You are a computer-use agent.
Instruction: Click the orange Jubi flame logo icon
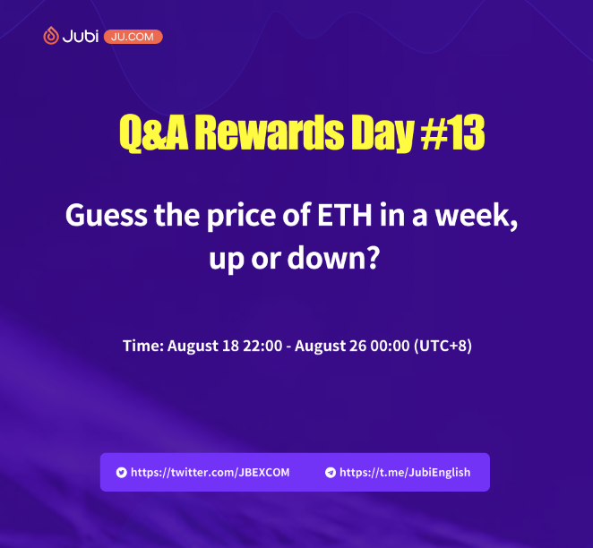pyautogui.click(x=51, y=37)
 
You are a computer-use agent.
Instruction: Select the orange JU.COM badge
pyautogui.click(x=133, y=37)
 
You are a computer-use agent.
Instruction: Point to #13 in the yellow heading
pyautogui.click(x=451, y=134)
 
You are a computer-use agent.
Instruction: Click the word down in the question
pyautogui.click(x=333, y=260)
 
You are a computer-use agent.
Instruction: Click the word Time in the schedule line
pyautogui.click(x=142, y=346)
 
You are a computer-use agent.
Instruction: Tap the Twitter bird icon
pyautogui.click(x=121, y=472)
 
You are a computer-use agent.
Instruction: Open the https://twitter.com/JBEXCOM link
pyautogui.click(x=210, y=472)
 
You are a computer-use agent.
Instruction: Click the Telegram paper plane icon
pyautogui.click(x=331, y=472)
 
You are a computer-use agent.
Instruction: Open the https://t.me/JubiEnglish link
pyautogui.click(x=405, y=472)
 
